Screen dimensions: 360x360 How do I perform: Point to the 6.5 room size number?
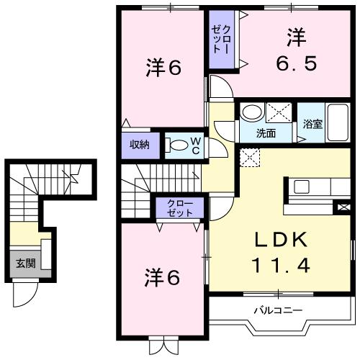click(295, 63)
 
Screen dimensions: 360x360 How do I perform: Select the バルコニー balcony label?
click(277, 311)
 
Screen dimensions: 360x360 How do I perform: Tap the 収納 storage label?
click(139, 145)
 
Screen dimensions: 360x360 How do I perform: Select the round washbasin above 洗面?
click(251, 113)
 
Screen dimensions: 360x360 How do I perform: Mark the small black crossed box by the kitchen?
click(342, 207)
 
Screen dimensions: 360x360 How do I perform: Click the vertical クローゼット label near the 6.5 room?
click(220, 41)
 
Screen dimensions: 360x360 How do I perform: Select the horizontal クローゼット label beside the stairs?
click(180, 209)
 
